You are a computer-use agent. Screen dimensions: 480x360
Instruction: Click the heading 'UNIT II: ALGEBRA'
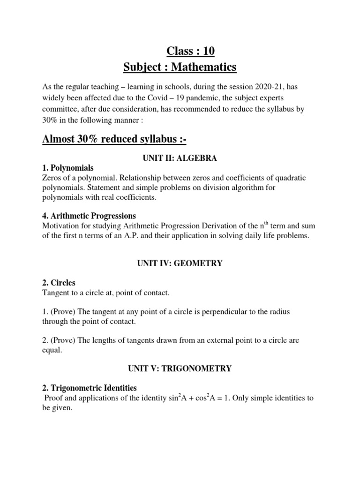[x=180, y=158]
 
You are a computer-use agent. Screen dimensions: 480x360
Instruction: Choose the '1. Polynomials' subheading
[x=68, y=168]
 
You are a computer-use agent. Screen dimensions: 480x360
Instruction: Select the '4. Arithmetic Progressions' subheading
[x=89, y=216]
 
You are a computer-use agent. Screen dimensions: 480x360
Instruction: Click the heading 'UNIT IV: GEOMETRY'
[x=180, y=264]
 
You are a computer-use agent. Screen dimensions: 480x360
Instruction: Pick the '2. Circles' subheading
[x=59, y=283]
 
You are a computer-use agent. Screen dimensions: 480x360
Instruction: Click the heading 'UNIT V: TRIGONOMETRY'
[x=180, y=369]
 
